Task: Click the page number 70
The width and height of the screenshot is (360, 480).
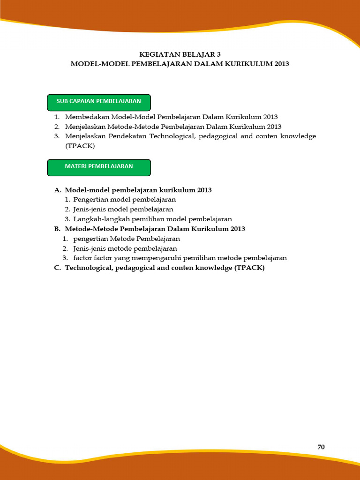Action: (321, 447)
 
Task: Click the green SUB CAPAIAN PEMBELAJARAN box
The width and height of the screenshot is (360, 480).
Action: (99, 101)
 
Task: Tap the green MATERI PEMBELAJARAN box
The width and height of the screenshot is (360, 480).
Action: (99, 166)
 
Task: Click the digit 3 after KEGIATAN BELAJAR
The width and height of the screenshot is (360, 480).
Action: (218, 54)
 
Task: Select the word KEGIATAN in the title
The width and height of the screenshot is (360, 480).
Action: (156, 54)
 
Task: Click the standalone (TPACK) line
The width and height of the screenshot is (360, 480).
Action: (80, 146)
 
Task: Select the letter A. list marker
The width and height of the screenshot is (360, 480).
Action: (58, 190)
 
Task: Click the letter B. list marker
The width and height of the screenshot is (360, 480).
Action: (58, 229)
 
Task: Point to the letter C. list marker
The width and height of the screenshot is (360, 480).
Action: (58, 268)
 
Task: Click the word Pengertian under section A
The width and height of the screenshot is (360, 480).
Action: (90, 200)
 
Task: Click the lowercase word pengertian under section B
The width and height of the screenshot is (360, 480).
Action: (90, 239)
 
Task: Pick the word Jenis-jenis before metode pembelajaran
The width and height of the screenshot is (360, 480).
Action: (88, 248)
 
